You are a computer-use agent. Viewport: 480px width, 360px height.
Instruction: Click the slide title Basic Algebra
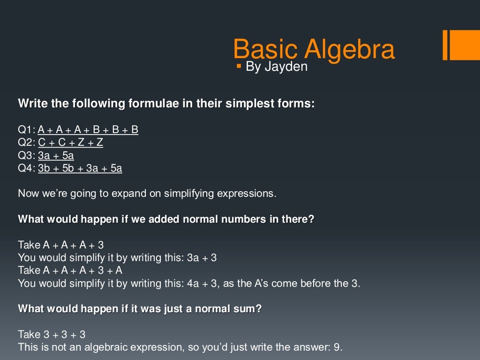314,49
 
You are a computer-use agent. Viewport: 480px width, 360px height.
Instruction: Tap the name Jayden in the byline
286,67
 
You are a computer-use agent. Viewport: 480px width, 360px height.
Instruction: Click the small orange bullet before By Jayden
239,66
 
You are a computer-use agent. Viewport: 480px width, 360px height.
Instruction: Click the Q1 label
26,130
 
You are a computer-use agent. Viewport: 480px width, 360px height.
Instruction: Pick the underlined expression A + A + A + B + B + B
88,130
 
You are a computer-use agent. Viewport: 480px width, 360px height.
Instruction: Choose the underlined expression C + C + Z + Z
70,142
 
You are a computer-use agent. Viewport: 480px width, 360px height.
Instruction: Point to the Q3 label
26,156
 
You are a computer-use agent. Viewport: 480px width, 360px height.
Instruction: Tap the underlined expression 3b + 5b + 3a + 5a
80,168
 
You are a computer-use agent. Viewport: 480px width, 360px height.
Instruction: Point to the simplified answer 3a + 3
202,257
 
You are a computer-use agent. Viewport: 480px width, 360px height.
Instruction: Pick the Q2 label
26,142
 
